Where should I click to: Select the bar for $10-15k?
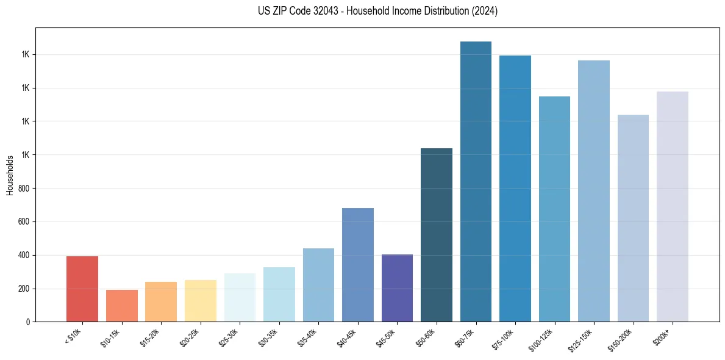tap(121, 306)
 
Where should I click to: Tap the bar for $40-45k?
tap(358, 265)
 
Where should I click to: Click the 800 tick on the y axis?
tap(24, 188)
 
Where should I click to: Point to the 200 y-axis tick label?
tap(24, 289)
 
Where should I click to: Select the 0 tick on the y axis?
tap(28, 322)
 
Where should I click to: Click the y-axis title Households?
tap(10, 175)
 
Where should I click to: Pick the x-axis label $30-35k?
tap(269, 336)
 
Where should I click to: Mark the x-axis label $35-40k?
tap(309, 336)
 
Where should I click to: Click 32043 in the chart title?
tap(313, 11)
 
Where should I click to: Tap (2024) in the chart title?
tap(485, 11)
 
